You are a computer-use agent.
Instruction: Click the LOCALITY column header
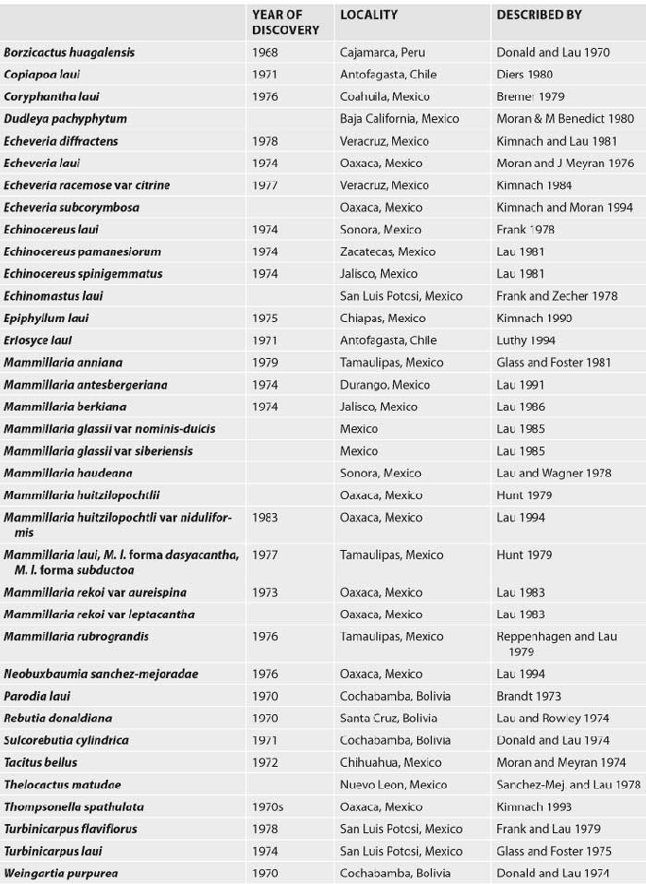point(368,16)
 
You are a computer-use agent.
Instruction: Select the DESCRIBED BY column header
point(539,16)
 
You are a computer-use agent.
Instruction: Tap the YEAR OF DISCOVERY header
point(285,22)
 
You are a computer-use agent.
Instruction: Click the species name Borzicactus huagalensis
point(69,53)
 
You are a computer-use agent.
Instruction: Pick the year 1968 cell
point(265,53)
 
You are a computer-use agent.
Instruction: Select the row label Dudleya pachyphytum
point(65,119)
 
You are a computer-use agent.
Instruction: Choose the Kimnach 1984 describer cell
point(532,185)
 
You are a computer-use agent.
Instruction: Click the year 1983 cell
point(265,518)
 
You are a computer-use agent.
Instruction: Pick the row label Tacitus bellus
point(41,763)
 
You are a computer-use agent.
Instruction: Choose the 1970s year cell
point(268,807)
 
